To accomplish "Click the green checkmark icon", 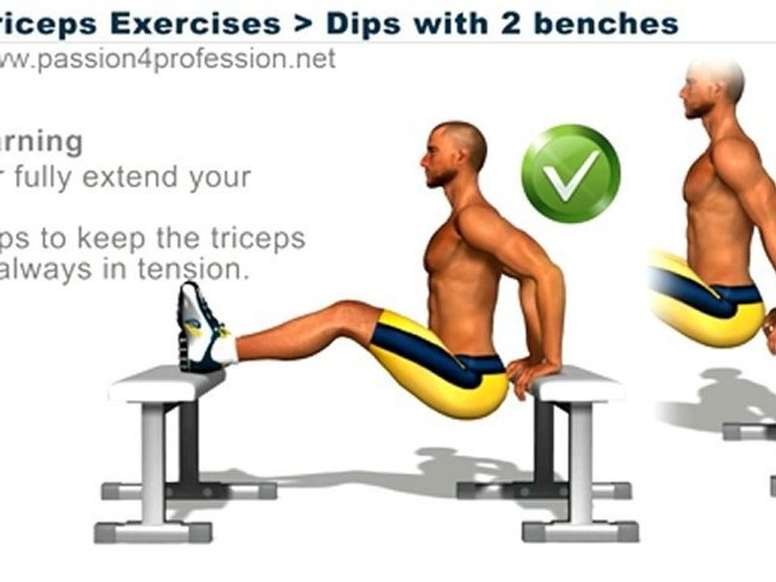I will tap(571, 174).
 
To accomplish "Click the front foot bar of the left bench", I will tap(153, 531).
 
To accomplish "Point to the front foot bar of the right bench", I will tap(580, 530).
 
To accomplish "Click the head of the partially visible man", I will tap(711, 85).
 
